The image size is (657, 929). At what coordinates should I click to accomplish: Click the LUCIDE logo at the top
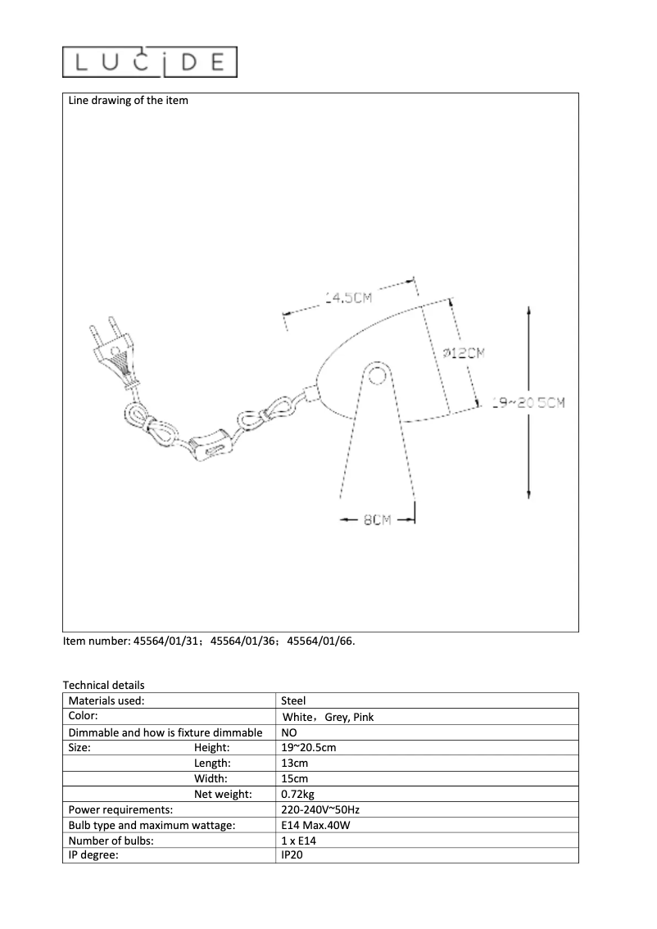coord(150,62)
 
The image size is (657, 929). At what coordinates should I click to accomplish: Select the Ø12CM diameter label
coord(464,353)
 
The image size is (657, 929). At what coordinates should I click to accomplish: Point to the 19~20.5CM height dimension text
coord(528,402)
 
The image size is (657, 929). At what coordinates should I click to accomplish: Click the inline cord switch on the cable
coord(211,446)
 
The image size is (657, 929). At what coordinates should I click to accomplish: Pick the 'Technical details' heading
coord(103,685)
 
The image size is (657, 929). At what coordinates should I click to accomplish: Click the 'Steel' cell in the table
coord(293,701)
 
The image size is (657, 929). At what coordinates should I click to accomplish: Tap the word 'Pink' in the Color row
coord(363,717)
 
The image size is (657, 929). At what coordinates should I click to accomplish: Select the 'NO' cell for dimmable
coord(288,732)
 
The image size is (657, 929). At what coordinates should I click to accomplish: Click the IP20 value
coord(292,856)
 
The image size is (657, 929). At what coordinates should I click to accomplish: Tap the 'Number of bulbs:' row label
coord(111,841)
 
